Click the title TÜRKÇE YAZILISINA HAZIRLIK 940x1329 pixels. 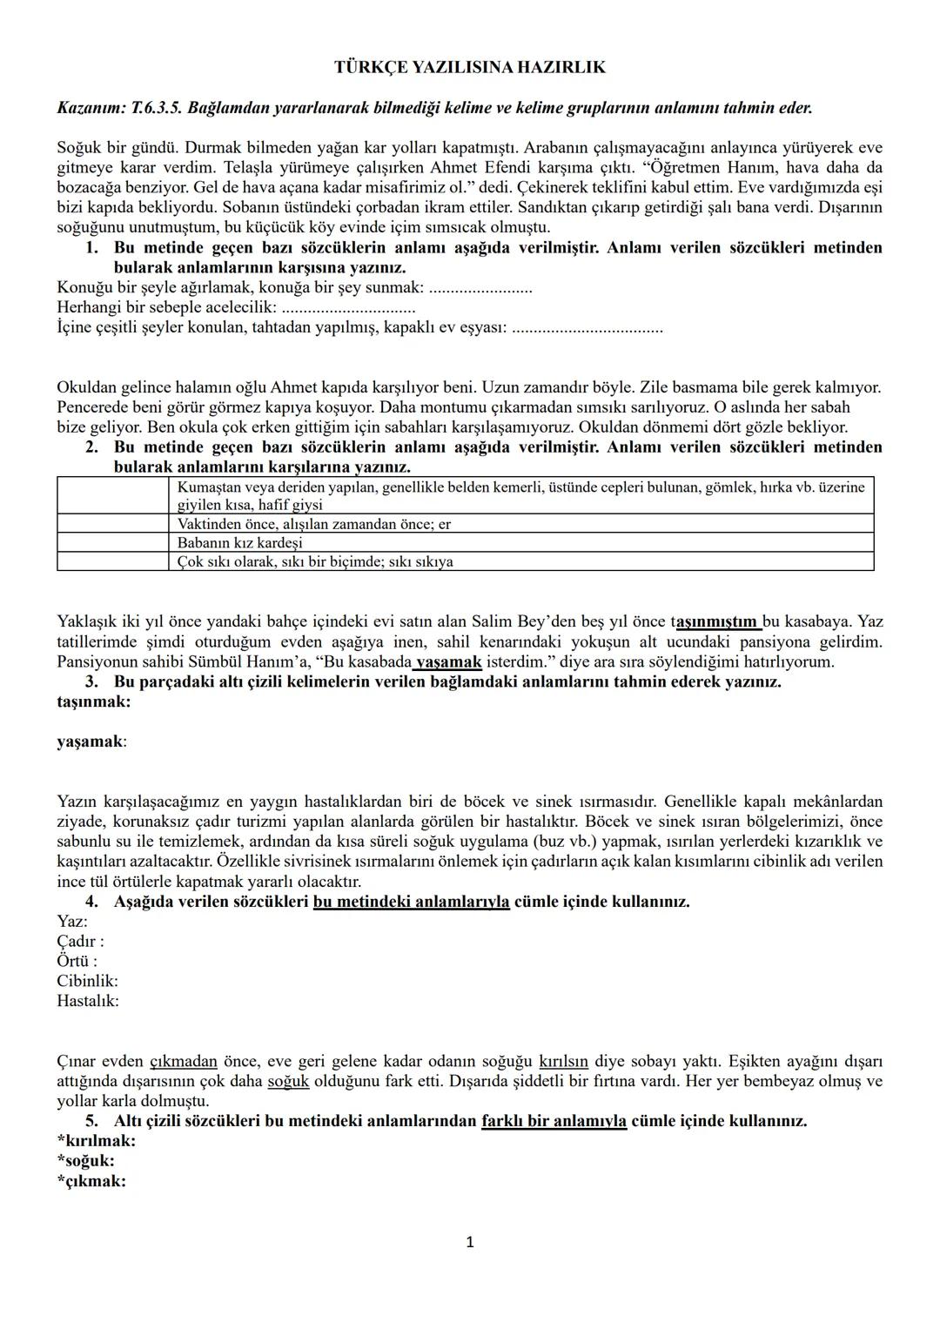pos(470,67)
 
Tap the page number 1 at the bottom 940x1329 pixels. pos(470,1242)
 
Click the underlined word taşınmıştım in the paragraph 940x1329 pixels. pos(715,621)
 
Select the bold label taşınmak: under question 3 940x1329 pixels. pos(94,701)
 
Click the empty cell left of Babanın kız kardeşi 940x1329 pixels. pos(112,542)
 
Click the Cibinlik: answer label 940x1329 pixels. pos(87,981)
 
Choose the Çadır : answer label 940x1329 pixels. pos(80,941)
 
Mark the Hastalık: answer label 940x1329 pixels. pos(87,1001)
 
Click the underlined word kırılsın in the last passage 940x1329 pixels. pos(563,1062)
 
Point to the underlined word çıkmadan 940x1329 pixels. pos(184,1062)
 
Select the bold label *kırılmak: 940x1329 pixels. pos(96,1141)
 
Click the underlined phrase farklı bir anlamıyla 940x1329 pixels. pos(554,1121)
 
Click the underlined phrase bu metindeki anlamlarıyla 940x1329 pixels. pos(411,902)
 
